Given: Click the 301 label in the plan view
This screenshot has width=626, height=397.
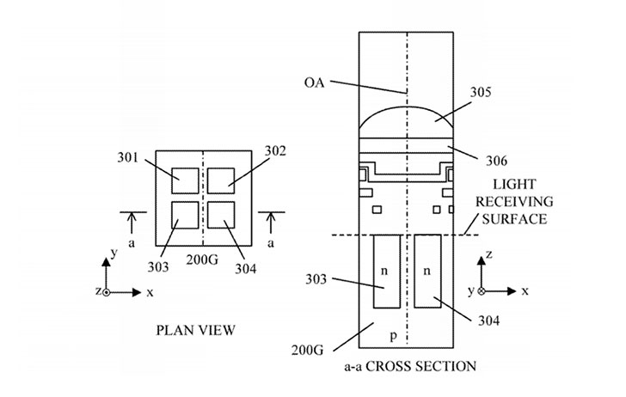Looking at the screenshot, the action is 127,157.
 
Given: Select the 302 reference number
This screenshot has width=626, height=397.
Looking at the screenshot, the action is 275,151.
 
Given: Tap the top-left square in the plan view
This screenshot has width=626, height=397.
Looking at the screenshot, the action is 185,180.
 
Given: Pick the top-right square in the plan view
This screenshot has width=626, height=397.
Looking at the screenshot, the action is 221,180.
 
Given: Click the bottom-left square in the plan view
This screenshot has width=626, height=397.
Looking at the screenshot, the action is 185,215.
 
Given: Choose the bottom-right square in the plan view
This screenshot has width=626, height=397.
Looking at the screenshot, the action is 221,215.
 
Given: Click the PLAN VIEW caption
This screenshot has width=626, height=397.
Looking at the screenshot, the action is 196,330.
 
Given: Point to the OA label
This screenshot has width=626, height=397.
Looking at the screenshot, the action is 315,82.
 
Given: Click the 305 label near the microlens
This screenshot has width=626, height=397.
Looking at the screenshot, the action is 481,92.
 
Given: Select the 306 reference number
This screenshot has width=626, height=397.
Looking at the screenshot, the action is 496,161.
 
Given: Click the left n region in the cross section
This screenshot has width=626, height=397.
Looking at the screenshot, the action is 386,272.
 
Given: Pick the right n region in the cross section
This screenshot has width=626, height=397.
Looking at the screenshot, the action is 427,272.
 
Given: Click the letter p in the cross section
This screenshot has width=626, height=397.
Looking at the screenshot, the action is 394,336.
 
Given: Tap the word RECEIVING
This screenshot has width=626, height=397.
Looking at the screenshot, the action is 514,201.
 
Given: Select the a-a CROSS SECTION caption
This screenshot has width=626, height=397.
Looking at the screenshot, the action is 410,366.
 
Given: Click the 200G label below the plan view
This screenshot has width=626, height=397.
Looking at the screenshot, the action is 202,260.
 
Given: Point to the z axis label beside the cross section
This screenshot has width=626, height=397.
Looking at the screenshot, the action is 489,253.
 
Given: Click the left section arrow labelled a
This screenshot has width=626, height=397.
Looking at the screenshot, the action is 132,223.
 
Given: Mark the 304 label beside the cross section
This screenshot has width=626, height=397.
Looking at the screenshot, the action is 488,321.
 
